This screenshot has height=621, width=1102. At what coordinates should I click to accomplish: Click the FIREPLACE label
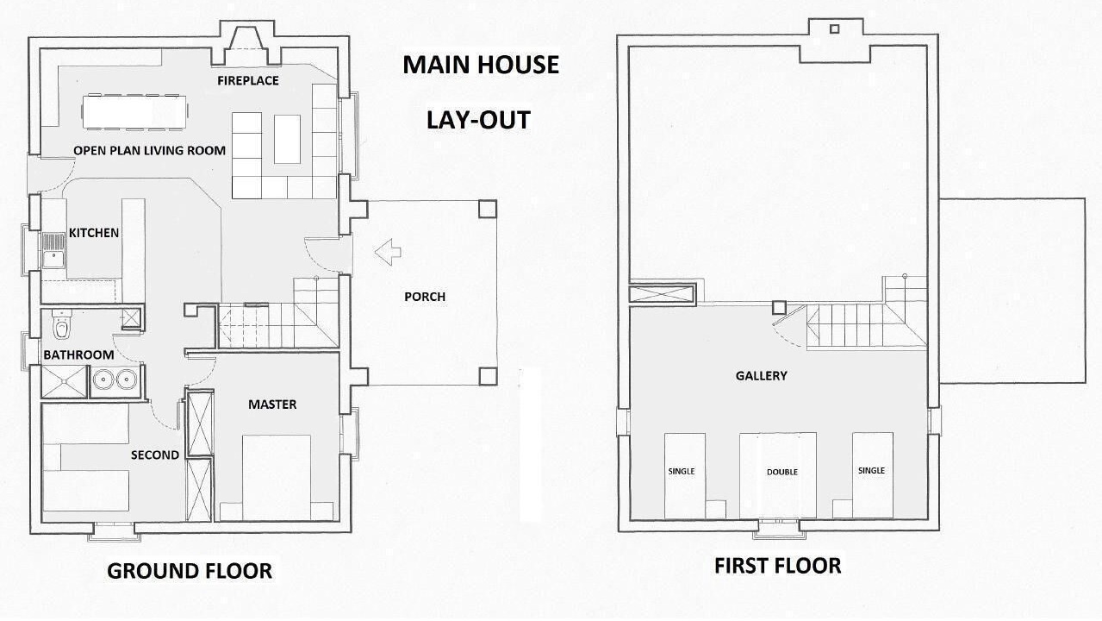(248, 80)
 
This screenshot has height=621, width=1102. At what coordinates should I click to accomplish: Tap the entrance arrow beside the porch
(389, 252)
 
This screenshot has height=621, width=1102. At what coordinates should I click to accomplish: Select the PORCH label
(425, 297)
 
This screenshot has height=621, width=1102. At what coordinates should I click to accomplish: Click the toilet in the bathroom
(61, 324)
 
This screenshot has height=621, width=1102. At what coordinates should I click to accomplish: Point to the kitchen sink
(53, 250)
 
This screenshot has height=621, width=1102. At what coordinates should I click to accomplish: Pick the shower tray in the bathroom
(64, 381)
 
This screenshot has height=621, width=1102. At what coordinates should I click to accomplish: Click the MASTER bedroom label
(272, 405)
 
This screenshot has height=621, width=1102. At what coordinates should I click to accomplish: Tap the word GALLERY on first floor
(762, 376)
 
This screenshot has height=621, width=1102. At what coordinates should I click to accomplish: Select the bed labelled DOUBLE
(778, 475)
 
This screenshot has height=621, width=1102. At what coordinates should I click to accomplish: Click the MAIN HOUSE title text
(481, 65)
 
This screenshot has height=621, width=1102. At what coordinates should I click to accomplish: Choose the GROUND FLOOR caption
(190, 571)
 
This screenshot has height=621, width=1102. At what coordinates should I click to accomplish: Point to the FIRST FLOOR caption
(778, 566)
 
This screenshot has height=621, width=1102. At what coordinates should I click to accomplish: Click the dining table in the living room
(134, 112)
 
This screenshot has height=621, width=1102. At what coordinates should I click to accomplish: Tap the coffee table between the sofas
(287, 139)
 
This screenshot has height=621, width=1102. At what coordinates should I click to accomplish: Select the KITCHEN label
(94, 233)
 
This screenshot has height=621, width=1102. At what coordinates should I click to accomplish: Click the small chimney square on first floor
(834, 29)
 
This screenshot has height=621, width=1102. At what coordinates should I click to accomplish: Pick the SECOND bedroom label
(155, 455)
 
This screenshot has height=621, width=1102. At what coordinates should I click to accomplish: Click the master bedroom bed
(277, 477)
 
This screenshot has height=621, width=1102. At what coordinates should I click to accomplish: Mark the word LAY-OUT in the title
(478, 120)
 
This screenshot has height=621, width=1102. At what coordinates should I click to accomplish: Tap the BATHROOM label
(78, 354)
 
